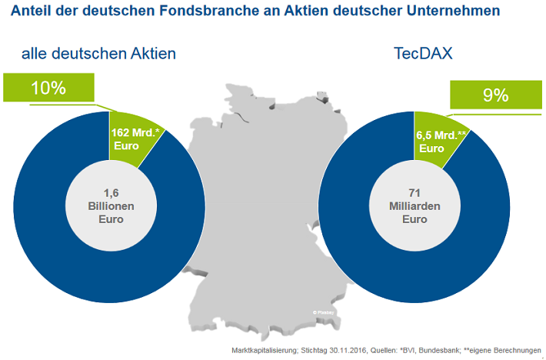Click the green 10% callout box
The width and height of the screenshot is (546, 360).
point(48,88)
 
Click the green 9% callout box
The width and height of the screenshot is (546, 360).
point(495,95)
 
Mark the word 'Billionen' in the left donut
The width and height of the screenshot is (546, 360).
point(109,206)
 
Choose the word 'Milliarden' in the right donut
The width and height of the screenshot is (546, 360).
point(414,207)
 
